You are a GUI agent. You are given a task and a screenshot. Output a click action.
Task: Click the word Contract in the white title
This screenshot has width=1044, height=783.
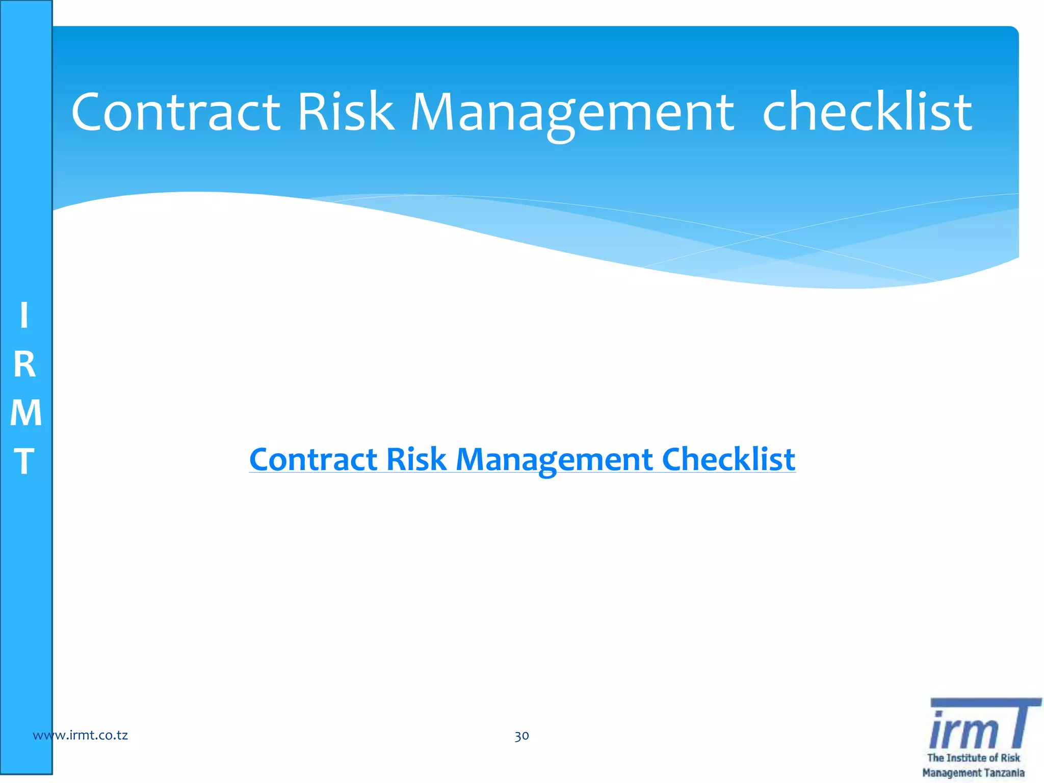[x=176, y=112]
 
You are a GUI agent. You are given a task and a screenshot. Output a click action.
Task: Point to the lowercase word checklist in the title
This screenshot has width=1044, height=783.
[x=867, y=112]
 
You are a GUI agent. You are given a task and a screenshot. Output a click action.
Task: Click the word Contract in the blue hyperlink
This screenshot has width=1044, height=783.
[x=313, y=459]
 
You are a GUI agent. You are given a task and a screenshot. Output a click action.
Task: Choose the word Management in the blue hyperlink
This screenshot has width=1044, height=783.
[x=554, y=460]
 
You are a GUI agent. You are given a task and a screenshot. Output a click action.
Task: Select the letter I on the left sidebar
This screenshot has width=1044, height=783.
[x=24, y=316]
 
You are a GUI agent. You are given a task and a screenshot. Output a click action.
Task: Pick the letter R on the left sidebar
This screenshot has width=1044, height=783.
[x=24, y=365]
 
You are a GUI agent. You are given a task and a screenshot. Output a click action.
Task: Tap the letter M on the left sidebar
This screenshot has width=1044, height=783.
[x=25, y=413]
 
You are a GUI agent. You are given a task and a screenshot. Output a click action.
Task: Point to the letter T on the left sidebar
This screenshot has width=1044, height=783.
[x=24, y=461]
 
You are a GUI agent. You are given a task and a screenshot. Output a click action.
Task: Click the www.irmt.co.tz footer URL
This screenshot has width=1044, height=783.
[x=80, y=735]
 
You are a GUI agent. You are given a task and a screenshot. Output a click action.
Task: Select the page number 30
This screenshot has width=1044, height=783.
[x=521, y=736]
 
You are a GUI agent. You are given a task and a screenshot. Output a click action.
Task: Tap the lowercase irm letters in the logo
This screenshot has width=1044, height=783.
[x=963, y=730]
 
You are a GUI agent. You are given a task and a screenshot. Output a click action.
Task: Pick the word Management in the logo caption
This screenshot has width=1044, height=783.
[x=952, y=773]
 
